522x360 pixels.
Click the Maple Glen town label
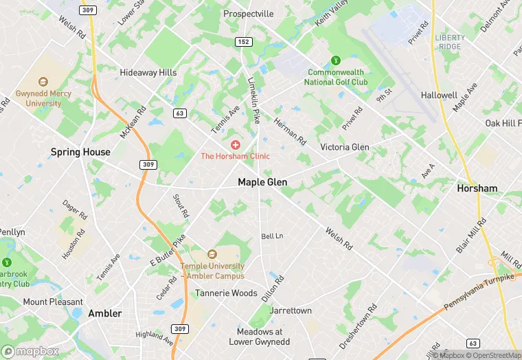pos(262,182)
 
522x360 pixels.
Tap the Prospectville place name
pos(248,14)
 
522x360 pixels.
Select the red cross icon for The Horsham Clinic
pos(236,145)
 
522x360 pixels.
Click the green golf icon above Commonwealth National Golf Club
pos(336,60)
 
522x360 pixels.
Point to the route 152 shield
pos(243,42)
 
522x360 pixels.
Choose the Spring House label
pos(80,152)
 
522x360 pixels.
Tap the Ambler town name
pos(105,313)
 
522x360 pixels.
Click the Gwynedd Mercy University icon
pos(43,82)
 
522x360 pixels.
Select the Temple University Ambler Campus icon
pos(212,254)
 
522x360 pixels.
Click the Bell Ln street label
pos(272,236)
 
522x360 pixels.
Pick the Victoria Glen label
pos(345,147)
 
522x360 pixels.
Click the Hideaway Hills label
pos(148,72)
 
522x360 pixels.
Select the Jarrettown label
pos(291,311)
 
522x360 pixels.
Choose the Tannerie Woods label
pos(226,293)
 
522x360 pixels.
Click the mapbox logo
pos(31,351)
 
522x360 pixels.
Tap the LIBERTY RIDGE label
pos(450,42)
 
